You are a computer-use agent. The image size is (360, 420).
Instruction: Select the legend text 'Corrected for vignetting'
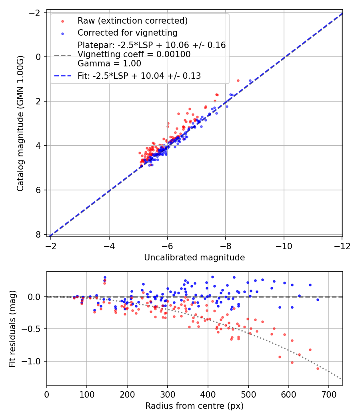coord(127,32)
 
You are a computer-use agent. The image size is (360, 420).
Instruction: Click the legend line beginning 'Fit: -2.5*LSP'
coord(139,76)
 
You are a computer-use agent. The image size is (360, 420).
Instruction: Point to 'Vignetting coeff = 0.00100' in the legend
coord(134,54)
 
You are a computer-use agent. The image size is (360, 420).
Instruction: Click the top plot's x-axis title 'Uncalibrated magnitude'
coord(194,258)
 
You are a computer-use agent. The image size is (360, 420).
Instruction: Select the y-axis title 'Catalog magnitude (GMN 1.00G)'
coord(20,123)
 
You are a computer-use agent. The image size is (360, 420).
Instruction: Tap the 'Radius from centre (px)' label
coord(194,406)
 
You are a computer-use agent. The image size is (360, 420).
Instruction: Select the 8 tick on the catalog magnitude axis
coord(38,234)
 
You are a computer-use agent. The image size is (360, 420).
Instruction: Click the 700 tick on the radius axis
coord(329,394)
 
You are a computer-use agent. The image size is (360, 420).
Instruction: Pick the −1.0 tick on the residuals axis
coord(34,361)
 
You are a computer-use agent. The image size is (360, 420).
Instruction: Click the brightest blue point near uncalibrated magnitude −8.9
coord(250,80)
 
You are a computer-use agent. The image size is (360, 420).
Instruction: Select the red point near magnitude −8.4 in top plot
coord(238,80)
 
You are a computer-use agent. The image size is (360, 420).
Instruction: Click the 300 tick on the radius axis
coord(168,394)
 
